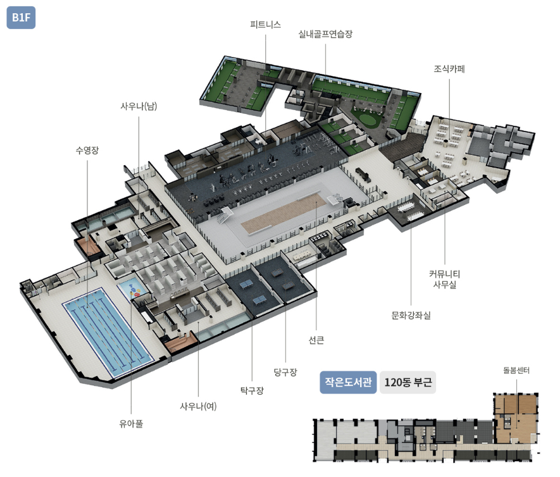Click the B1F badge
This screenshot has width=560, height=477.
22,17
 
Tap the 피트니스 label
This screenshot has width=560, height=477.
266,25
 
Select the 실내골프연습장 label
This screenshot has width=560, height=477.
325,34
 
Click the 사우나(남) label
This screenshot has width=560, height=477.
139,106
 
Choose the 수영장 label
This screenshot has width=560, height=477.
87,150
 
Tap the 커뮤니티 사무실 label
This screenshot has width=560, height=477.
444,279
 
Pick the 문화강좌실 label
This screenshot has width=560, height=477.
411,314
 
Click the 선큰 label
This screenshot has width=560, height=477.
316,340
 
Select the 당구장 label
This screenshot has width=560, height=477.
285,371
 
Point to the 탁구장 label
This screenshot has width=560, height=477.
252,390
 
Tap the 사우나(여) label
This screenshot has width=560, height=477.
198,406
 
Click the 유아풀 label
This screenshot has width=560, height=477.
131,423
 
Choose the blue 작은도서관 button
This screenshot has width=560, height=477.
348,382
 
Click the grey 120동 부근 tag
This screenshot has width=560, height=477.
408,382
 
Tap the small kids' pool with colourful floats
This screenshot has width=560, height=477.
134,289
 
